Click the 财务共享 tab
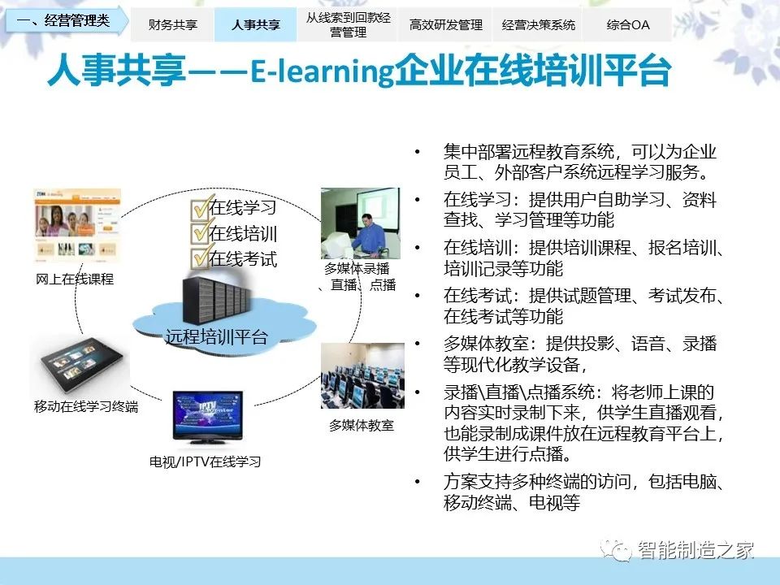click(172, 24)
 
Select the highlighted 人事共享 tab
click(256, 24)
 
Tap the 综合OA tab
click(628, 24)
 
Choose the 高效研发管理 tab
click(446, 24)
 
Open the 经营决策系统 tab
click(538, 24)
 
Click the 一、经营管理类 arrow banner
click(66, 20)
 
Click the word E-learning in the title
click(322, 71)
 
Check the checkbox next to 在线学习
click(200, 208)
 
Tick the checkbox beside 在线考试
click(200, 258)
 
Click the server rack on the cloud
click(216, 300)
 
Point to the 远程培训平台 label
click(216, 336)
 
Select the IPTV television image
click(208, 417)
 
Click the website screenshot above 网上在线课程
click(77, 226)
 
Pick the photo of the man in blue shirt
click(360, 223)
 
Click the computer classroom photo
click(362, 375)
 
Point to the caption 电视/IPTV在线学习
click(205, 461)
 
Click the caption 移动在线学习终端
click(86, 406)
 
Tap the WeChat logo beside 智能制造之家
click(616, 549)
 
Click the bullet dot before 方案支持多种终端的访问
click(418, 482)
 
